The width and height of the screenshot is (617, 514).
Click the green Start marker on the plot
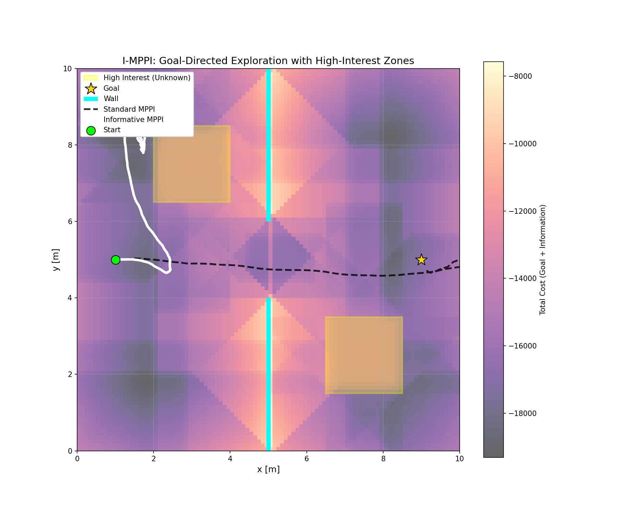[116, 260]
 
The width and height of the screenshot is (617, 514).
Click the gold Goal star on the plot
[421, 260]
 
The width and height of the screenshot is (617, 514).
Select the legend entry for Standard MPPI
[129, 109]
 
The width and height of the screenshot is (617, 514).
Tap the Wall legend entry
[111, 99]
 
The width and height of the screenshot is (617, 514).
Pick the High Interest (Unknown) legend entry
[147, 78]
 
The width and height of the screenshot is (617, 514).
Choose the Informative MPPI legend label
[133, 120]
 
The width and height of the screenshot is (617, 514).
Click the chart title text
[268, 61]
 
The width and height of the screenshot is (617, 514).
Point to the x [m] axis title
[268, 469]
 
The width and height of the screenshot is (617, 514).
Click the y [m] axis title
[56, 260]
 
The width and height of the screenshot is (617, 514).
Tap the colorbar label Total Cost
[542, 260]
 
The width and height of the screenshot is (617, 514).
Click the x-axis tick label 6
[306, 459]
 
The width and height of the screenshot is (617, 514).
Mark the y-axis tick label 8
[70, 145]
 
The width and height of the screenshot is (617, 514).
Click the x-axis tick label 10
[459, 459]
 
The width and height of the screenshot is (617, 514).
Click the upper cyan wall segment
[268, 144]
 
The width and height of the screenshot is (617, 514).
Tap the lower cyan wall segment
[268, 374]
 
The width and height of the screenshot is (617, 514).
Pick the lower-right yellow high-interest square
[364, 355]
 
